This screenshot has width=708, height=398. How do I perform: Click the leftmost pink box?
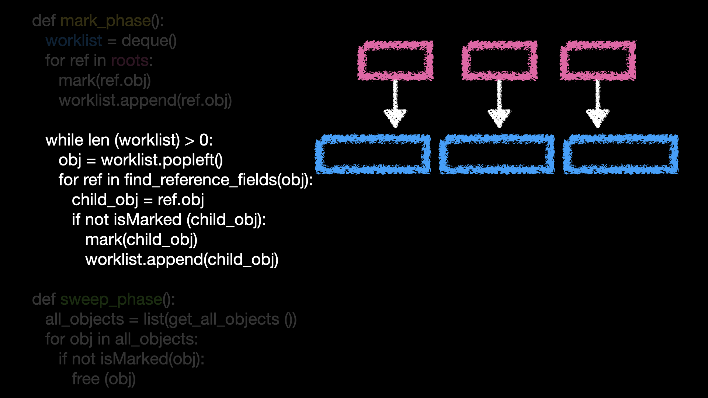point(395,60)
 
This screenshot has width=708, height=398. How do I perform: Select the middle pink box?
point(499,60)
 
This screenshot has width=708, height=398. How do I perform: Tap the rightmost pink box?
point(598,60)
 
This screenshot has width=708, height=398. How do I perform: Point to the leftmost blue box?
point(373,154)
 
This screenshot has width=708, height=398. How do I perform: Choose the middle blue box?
point(496,154)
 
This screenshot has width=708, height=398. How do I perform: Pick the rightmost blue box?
point(620,154)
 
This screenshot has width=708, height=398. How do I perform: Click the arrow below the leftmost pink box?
point(395,105)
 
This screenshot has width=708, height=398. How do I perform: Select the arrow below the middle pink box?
point(499,105)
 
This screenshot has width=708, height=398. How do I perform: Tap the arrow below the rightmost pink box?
point(598,105)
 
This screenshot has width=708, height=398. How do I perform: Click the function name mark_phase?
point(105,21)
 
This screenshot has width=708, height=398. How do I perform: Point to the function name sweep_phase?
point(111,300)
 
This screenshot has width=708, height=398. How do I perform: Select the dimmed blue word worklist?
point(74,41)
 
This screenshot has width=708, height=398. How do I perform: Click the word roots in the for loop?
point(130,60)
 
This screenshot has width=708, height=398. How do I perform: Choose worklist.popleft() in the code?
point(162,160)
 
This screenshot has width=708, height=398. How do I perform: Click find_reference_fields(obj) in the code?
point(218,180)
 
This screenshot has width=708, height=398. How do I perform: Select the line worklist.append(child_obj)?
point(182,260)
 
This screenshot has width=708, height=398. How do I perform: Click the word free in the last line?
point(86,379)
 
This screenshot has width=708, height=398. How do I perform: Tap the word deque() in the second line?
point(149,41)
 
